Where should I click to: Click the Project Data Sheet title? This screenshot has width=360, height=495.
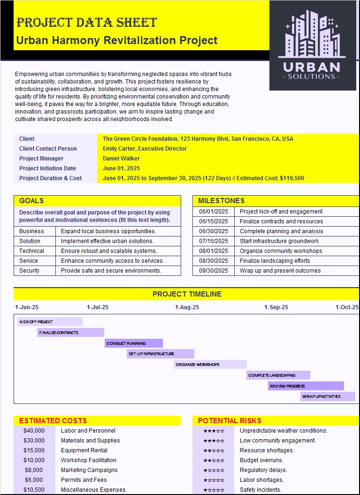86,23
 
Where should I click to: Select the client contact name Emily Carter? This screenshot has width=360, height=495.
145,149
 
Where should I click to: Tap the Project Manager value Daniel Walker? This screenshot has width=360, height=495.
121,159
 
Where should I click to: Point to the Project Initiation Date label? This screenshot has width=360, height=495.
47,168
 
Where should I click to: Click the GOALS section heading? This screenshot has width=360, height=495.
31,201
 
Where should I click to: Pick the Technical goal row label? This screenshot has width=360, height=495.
32,251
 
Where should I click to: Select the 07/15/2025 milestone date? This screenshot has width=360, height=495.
214,241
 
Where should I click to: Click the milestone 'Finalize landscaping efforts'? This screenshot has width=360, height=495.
275,261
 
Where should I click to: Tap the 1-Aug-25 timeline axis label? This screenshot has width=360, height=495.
187,307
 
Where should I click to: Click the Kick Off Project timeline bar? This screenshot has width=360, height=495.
50,322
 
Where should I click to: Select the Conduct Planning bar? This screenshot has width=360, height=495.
134,343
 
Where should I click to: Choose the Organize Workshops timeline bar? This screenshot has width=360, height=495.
210,364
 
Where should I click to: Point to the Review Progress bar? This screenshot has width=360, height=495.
306,386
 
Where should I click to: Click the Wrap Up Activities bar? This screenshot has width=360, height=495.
328,396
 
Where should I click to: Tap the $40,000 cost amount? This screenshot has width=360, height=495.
34,431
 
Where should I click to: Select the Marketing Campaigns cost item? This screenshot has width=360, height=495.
89,470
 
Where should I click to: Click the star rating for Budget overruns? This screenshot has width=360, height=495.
214,460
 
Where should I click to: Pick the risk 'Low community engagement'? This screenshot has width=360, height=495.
277,441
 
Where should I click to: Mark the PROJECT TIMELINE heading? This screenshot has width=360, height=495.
187,294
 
